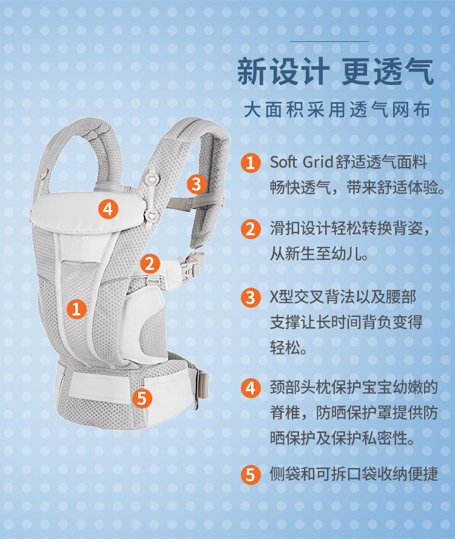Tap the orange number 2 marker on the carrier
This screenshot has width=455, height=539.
(150, 263)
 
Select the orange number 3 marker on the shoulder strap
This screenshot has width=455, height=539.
(196, 184)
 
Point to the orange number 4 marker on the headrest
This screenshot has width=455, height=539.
(108, 209)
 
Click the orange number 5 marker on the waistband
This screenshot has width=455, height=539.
(141, 398)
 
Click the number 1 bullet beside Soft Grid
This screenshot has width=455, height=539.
(251, 162)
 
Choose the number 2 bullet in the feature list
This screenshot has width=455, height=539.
(251, 229)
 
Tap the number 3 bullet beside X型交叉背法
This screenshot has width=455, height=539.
(251, 297)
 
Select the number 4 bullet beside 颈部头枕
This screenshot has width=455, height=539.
(251, 388)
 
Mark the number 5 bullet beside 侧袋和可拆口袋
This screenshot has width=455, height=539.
(251, 475)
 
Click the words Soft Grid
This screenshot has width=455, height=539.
(302, 162)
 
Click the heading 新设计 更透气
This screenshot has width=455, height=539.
(335, 72)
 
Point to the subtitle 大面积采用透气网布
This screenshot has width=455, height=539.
(337, 110)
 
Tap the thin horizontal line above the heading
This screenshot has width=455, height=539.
(329, 41)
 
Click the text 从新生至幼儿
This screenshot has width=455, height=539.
(319, 254)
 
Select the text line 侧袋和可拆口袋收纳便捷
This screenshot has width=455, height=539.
(354, 474)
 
